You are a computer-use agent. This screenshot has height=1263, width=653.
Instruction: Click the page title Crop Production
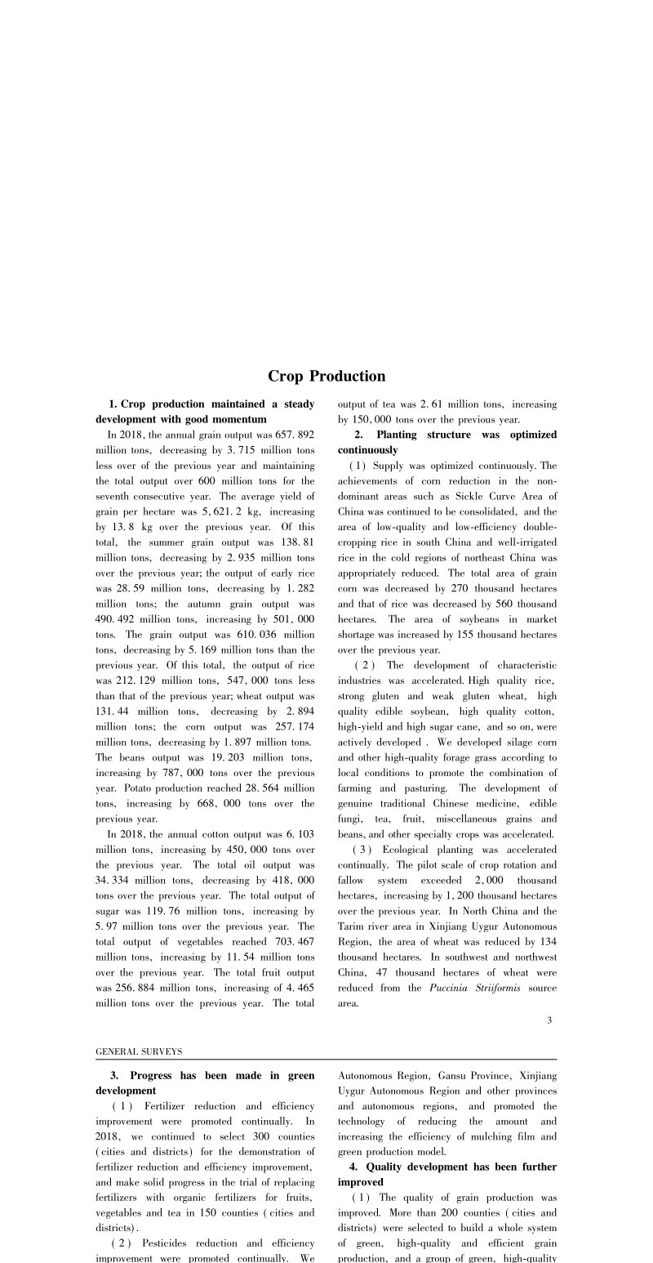pos(326,377)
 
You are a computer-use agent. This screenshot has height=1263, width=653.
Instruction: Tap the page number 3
pos(549,1020)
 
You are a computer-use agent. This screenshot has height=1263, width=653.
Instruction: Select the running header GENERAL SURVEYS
pos(139,1051)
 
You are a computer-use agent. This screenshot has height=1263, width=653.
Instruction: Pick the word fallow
pos(352,880)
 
